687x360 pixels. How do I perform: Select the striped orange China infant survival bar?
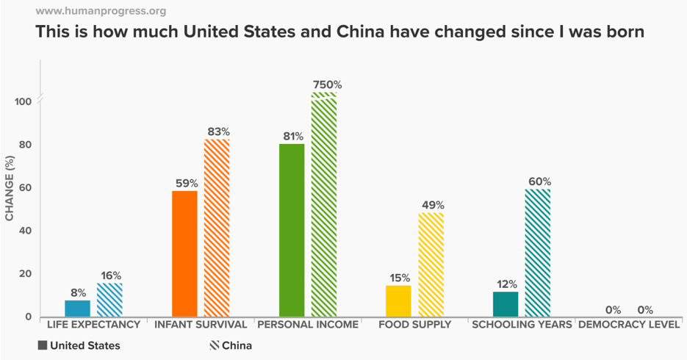217,228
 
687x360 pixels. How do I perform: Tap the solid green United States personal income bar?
292,230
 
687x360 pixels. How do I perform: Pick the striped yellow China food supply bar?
431,264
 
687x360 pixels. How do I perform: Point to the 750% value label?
327,85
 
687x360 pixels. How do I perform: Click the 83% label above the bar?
218,132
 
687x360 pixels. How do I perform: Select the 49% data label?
431,206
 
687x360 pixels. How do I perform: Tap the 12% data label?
506,284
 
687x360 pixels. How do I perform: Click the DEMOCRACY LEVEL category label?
629,324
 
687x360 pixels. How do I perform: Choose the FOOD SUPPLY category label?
414,324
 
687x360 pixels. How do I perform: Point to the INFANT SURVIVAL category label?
200,324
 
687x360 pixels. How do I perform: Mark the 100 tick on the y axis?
22,101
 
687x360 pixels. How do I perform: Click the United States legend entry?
79,345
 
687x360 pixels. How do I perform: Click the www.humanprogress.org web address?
101,11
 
